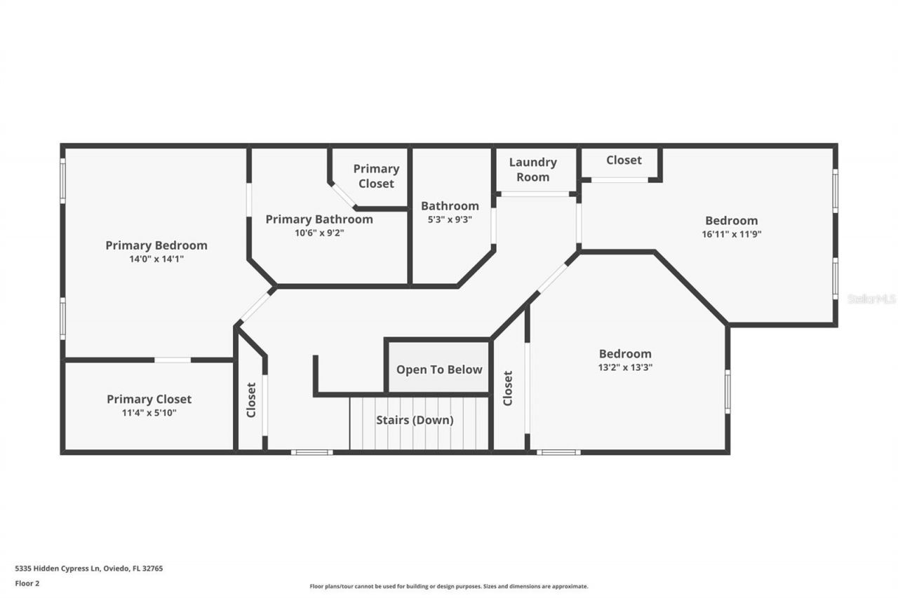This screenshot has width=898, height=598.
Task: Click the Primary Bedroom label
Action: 156,245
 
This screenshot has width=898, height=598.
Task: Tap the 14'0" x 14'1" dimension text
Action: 156,259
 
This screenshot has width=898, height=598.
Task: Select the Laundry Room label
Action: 532,170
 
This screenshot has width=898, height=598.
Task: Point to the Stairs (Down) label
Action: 415,421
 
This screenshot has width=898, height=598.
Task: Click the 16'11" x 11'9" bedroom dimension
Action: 731,234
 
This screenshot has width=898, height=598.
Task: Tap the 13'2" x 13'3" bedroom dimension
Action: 624,367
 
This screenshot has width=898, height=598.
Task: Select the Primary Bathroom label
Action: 319,219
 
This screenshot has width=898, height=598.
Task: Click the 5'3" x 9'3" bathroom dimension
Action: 450,219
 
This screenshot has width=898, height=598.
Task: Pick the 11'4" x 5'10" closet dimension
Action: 149,413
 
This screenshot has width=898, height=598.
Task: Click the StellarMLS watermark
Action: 871,299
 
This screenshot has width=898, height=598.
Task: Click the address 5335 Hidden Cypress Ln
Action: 89,569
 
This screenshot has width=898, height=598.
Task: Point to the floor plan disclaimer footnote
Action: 449,586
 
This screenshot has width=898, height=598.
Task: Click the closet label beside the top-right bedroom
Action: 624,160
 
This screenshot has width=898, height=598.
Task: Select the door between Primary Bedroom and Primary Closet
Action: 173,360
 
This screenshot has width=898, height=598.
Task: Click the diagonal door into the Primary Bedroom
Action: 255,306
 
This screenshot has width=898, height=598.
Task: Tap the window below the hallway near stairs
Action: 312,452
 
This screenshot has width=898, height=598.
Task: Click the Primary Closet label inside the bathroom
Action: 376,176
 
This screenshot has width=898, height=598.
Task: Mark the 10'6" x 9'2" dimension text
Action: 319,233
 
